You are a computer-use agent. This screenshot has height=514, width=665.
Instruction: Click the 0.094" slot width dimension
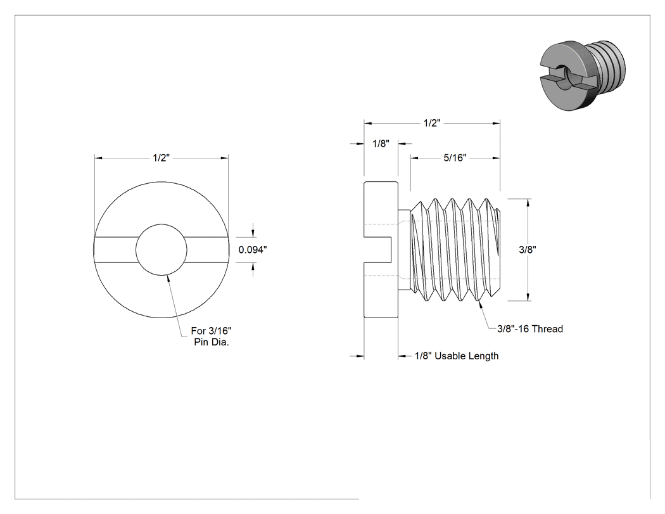[x=253, y=250]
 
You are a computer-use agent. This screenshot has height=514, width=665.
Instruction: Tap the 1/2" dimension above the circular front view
[x=161, y=158]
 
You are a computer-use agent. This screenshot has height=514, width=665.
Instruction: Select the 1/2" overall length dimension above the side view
[x=432, y=123]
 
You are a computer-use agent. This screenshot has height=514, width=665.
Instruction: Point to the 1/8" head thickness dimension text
[x=381, y=143]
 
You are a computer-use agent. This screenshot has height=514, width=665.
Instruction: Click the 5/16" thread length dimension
[x=455, y=158]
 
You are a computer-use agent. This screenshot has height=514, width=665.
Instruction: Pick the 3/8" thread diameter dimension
[x=528, y=250]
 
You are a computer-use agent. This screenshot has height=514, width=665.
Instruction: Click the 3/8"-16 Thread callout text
[x=530, y=328]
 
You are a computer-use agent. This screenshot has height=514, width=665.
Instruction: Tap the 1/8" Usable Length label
[x=457, y=356]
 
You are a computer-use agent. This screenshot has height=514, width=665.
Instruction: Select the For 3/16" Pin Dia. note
[x=211, y=336]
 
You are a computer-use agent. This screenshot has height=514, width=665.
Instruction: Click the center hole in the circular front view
[x=161, y=250]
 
